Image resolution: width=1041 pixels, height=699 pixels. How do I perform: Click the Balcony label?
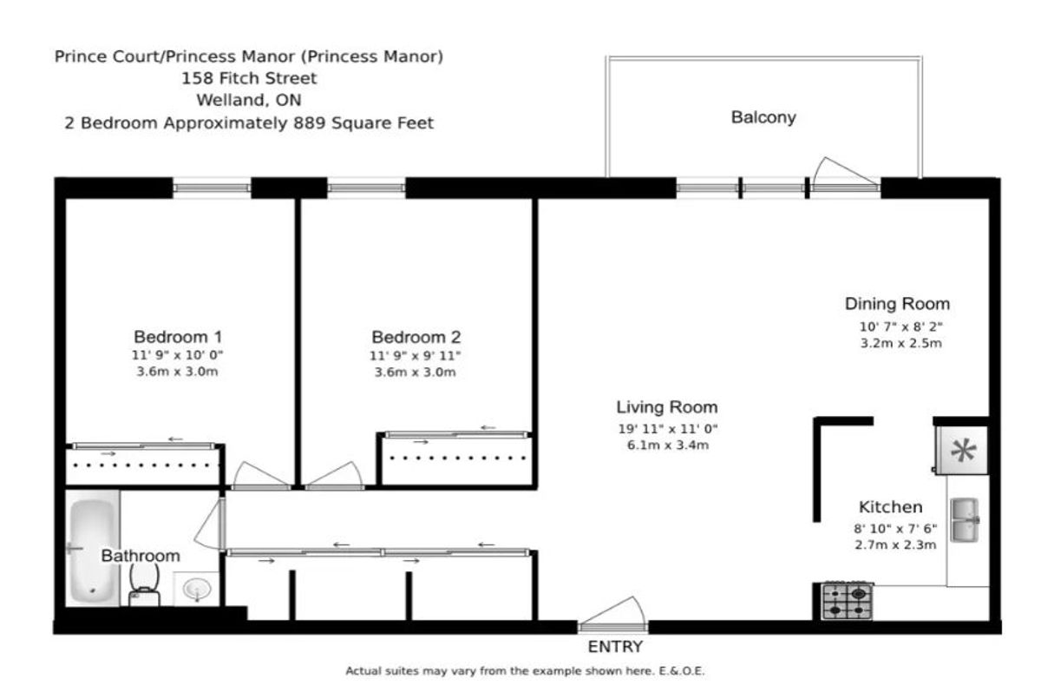(763, 117)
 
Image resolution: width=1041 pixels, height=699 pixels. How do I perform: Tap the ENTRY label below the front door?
(615, 646)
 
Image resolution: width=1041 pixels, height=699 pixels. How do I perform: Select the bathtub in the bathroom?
(93, 549)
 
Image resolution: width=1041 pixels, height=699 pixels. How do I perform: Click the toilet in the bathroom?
(144, 587)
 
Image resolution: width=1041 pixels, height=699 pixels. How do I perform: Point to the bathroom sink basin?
(197, 589)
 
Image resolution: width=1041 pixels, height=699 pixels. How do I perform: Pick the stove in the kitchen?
(847, 602)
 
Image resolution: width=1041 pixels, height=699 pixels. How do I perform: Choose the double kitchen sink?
(965, 520)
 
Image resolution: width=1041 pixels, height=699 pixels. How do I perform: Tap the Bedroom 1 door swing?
(259, 474)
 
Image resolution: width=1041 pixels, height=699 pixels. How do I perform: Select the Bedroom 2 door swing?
(335, 474)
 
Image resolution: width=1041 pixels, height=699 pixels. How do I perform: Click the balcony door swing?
(845, 172)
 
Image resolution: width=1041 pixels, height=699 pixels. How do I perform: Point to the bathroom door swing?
(209, 524)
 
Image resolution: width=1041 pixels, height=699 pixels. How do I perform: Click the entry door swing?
(612, 611)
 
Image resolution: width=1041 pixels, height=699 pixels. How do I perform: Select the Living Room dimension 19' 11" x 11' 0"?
(668, 429)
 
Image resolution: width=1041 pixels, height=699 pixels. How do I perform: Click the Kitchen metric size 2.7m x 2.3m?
(895, 545)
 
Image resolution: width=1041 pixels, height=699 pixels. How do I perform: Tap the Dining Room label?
(897, 304)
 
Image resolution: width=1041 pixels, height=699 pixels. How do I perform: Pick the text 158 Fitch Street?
(249, 78)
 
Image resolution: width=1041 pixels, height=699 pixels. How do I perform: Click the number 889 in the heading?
(310, 123)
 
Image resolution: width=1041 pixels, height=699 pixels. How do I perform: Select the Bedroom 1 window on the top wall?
(212, 188)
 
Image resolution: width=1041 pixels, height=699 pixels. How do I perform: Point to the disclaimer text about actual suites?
(525, 671)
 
